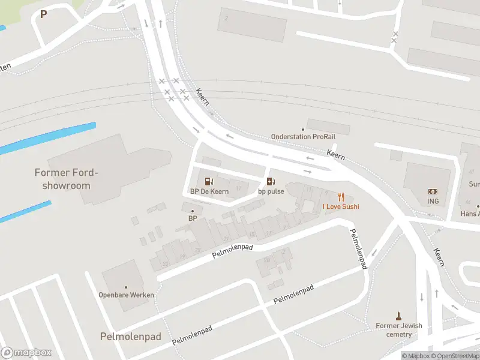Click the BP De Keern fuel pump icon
point(209,181)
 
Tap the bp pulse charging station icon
point(271,181)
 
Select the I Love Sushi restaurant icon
point(341,196)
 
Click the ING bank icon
point(433,191)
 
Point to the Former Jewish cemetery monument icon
point(398,316)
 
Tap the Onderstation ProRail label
point(299,137)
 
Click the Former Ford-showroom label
point(66,179)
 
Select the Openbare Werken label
point(126,295)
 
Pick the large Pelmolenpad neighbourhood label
point(130,337)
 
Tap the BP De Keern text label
point(209,191)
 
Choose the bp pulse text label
point(271,191)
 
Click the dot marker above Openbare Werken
point(126,287)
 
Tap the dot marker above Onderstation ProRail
point(303,129)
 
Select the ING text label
point(433,202)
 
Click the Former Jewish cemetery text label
point(399,330)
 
